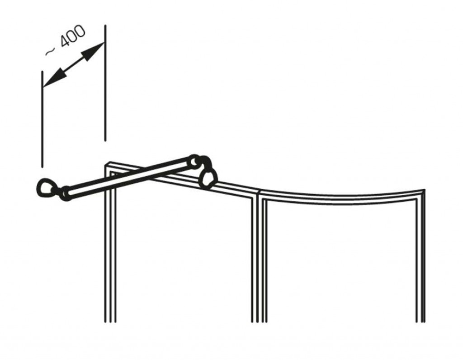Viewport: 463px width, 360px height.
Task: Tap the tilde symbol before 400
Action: point(50,52)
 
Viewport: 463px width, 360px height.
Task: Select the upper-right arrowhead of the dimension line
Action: point(94,50)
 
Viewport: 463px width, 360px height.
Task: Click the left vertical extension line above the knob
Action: point(43,119)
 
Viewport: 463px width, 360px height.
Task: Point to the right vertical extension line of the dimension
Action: point(105,83)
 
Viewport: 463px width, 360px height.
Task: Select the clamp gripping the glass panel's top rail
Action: point(208,178)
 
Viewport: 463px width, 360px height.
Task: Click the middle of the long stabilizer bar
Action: point(128,177)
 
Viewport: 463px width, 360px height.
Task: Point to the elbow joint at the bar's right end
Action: point(199,162)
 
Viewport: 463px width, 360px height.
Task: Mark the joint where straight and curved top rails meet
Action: point(258,194)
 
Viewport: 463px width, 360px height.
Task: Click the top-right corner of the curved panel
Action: point(424,190)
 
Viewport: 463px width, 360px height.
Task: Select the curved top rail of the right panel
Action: point(343,196)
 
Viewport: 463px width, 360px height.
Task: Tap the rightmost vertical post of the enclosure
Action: point(420,257)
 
